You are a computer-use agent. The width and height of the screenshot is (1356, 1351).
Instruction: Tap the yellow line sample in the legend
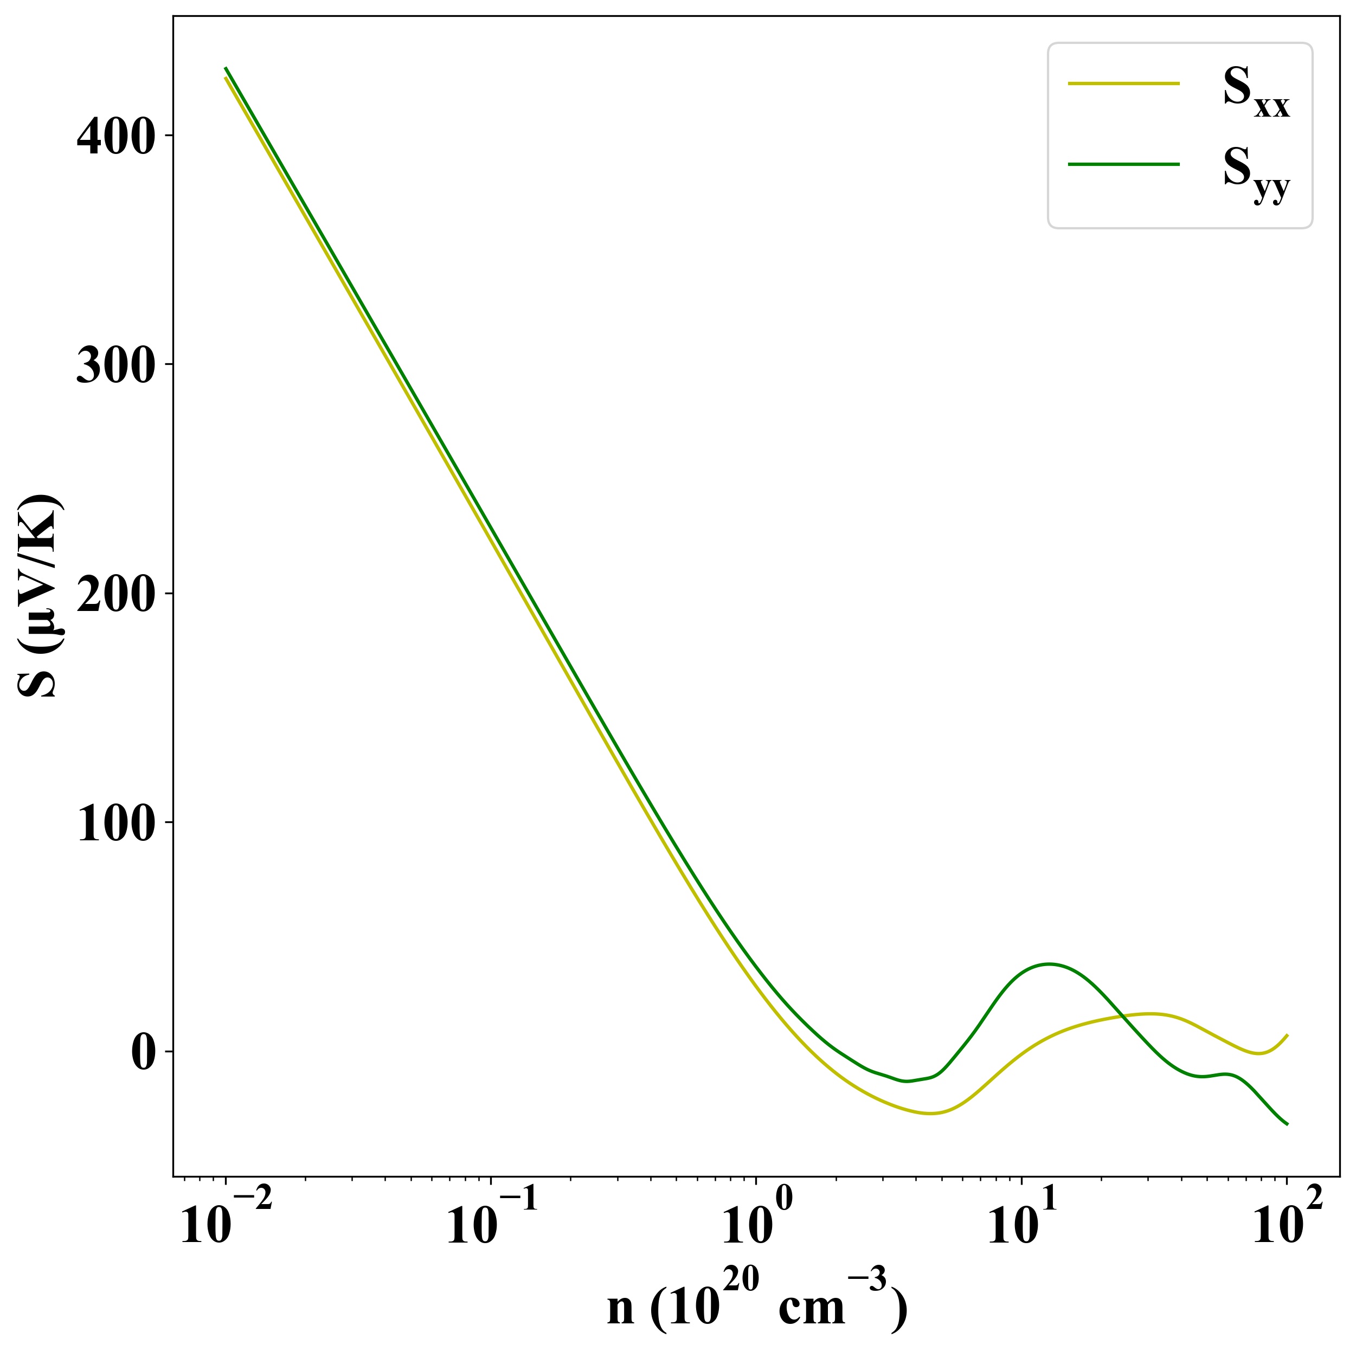click(1124, 83)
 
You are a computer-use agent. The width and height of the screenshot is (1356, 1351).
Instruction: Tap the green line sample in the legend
click(1124, 164)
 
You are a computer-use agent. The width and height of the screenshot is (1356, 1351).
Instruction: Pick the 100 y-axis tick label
click(115, 824)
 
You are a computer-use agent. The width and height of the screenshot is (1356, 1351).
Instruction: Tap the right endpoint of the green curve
click(1287, 1124)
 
